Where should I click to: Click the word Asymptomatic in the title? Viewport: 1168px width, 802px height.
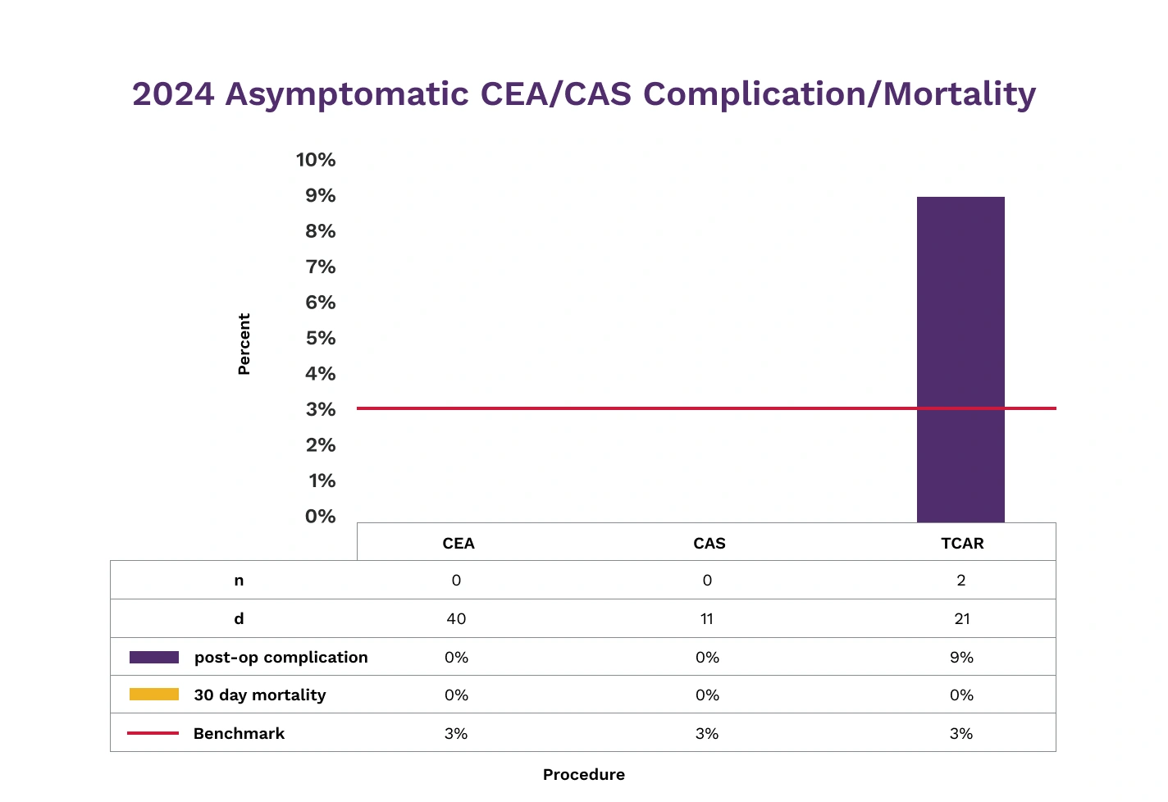point(349,94)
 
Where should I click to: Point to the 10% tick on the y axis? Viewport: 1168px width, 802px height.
point(316,160)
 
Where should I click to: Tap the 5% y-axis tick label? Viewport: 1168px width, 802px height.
point(320,338)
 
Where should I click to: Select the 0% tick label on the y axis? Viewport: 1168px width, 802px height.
point(320,517)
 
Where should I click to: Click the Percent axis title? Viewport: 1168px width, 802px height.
point(244,344)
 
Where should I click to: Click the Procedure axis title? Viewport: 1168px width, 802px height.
point(583,775)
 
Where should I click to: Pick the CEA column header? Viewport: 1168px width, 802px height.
point(459,544)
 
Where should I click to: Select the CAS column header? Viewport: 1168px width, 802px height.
point(709,544)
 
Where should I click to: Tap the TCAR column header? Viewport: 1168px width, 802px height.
point(962,544)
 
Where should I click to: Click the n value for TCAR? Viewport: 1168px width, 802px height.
point(961,581)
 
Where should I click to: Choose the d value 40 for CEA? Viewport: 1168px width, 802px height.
point(456,619)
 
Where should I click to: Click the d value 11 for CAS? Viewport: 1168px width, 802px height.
point(707,619)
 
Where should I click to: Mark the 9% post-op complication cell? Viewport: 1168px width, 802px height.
point(961,658)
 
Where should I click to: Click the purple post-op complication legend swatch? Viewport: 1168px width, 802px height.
point(154,658)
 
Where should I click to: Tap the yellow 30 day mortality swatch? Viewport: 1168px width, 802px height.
point(154,695)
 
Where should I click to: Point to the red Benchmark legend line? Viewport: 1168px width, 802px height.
point(153,733)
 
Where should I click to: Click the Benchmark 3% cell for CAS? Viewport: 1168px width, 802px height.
point(707,734)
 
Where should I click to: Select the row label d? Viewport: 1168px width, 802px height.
point(239,619)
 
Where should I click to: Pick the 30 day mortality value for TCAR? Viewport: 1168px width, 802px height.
point(961,695)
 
